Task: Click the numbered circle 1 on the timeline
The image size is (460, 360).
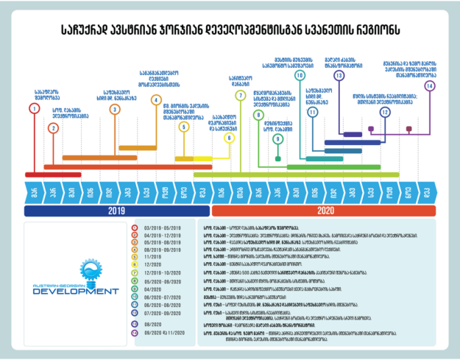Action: click(34, 109)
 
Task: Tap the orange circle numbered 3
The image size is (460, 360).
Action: click(115, 109)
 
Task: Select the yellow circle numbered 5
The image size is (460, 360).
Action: click(184, 127)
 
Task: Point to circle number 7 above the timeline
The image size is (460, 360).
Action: click(240, 96)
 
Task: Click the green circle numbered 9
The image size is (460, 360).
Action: click(277, 138)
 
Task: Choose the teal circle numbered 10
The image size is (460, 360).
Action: click(300, 75)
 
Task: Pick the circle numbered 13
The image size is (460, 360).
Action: click(339, 75)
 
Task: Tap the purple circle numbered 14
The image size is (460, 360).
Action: click(429, 86)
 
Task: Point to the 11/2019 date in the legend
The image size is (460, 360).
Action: click(153, 255)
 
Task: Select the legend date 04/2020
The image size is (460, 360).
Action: click(152, 289)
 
